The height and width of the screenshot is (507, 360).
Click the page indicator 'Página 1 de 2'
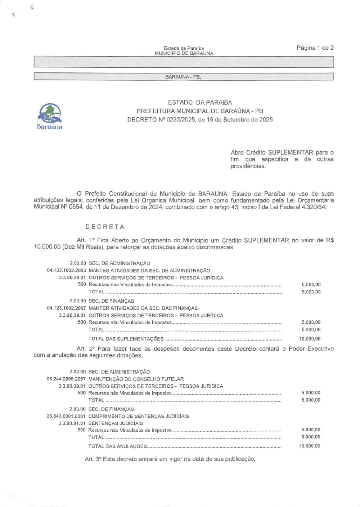(315, 48)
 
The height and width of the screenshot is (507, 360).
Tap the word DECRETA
(105, 227)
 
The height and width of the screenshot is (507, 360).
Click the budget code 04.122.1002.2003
(67, 271)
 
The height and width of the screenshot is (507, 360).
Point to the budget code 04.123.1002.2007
(67, 308)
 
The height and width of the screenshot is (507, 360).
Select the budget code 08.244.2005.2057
(66, 379)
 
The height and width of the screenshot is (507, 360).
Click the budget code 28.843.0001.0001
(66, 416)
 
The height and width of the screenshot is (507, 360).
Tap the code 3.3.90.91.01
(72, 423)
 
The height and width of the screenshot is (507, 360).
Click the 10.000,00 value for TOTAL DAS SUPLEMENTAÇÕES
(310, 339)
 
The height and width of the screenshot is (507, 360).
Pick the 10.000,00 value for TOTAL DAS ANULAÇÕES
(310, 446)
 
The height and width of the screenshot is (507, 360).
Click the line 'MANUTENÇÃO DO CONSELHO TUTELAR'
(136, 379)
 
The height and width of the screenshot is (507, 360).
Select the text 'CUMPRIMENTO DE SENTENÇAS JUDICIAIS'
(139, 416)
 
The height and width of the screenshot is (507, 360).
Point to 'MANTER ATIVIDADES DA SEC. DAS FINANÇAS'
(143, 308)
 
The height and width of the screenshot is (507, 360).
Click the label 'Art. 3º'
(93, 459)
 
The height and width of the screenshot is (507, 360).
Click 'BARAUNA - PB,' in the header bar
(183, 77)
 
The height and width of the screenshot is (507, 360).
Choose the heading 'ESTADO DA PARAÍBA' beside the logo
(200, 103)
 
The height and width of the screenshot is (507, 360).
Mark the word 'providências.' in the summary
(248, 166)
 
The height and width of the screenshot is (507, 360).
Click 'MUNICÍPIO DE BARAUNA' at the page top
(184, 53)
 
